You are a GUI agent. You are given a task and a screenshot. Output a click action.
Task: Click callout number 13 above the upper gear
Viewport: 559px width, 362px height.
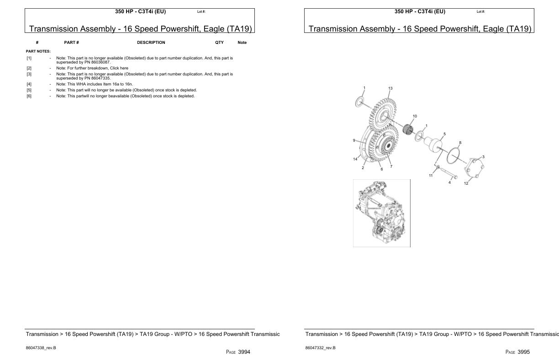(x=390, y=88)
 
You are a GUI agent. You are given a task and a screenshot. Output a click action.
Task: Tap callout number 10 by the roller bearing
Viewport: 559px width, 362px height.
(x=415, y=116)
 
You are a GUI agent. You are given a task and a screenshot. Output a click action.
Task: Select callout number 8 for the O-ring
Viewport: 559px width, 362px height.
(x=460, y=143)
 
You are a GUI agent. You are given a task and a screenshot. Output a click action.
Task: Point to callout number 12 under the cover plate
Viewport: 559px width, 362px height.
(x=466, y=183)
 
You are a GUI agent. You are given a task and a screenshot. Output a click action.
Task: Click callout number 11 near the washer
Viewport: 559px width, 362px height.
(x=430, y=176)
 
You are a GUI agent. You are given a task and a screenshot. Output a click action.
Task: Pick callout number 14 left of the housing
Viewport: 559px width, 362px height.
(x=355, y=159)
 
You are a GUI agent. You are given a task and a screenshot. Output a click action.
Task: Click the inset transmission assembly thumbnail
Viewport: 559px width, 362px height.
(x=381, y=213)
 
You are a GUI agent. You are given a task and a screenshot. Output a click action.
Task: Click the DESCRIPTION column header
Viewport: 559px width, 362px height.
(x=151, y=43)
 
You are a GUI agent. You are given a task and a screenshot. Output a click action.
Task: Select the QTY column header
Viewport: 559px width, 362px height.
(x=219, y=43)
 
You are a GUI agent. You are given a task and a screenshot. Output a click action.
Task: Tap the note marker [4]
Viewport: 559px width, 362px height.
(x=29, y=84)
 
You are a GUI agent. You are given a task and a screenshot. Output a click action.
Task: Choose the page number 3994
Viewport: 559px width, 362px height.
(x=244, y=352)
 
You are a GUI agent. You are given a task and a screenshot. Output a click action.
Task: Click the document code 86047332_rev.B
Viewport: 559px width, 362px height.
(x=320, y=348)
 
